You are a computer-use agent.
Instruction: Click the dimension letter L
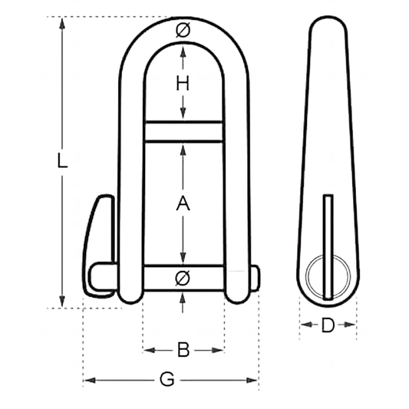(64, 162)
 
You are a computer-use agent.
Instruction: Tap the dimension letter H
(183, 85)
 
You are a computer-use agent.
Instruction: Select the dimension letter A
(183, 204)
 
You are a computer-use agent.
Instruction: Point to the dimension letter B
(183, 350)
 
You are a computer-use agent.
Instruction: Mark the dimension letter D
(328, 326)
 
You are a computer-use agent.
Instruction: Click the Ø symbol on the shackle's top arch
(183, 31)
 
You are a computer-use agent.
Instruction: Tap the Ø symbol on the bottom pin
(183, 277)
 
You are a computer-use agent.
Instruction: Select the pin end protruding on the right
(255, 278)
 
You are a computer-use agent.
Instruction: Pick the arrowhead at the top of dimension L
(64, 21)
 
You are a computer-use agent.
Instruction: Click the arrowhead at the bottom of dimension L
(64, 303)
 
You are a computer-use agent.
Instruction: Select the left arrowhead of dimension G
(87, 380)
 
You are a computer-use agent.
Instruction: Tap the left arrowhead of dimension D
(303, 326)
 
